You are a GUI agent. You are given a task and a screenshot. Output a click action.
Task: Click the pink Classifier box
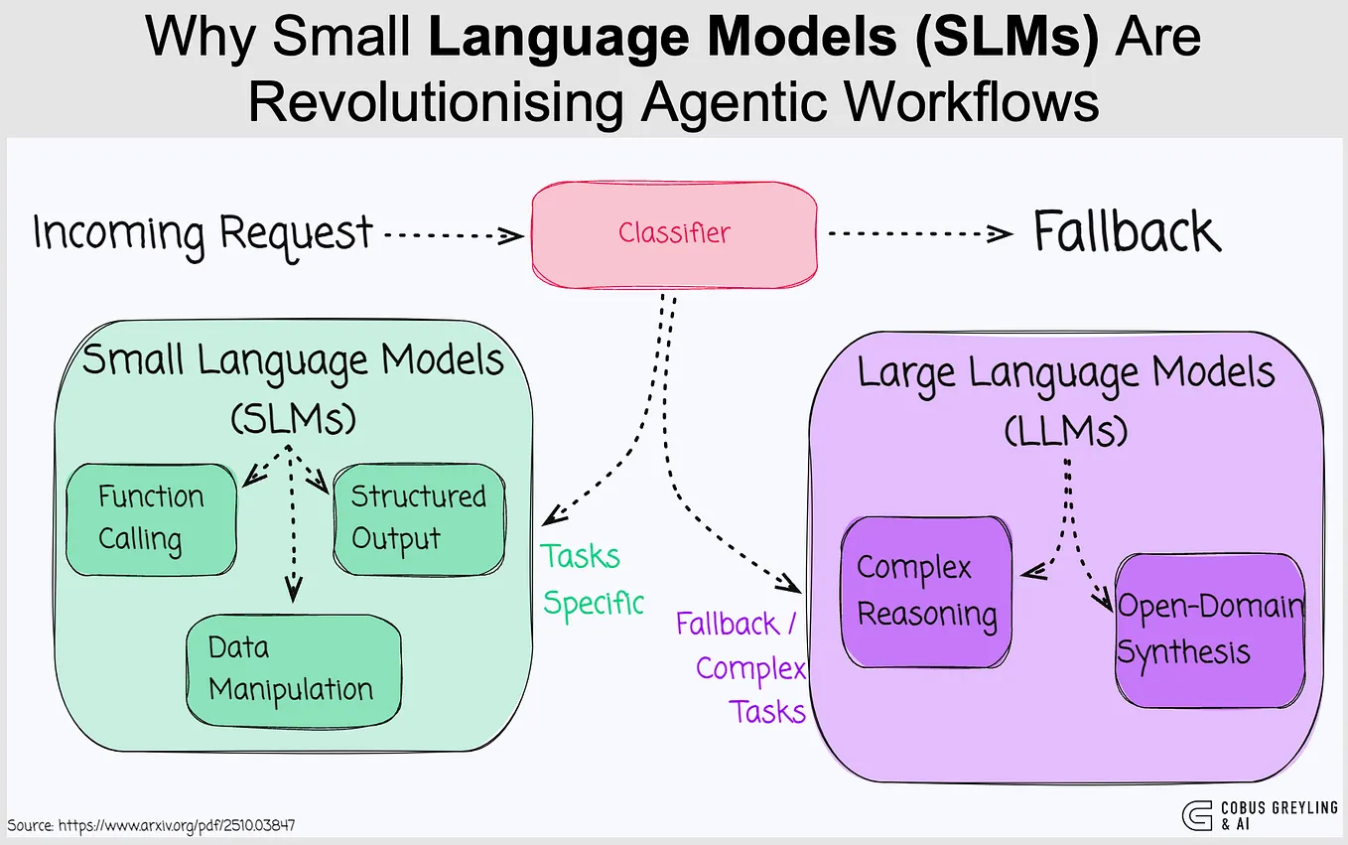pyautogui.click(x=674, y=233)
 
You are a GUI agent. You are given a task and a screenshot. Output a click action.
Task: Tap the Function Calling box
pyautogui.click(x=151, y=518)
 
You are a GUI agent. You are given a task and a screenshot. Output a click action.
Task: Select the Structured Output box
pyautogui.click(x=418, y=517)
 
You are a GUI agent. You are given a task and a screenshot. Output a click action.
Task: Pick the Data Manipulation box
pyautogui.click(x=293, y=669)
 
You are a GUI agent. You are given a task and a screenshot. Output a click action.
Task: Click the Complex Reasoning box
pyautogui.click(x=925, y=592)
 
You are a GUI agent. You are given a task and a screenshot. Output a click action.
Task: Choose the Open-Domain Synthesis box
pyautogui.click(x=1209, y=630)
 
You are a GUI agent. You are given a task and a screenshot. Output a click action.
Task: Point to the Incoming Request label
pyautogui.click(x=202, y=234)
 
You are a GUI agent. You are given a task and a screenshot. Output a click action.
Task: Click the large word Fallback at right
pyautogui.click(x=1126, y=233)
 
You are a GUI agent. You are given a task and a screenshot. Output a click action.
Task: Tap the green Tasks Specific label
pyautogui.click(x=592, y=579)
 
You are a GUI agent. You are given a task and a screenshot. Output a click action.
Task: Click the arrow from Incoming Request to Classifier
pyautogui.click(x=454, y=236)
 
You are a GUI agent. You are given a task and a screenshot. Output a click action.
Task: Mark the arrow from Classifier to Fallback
pyautogui.click(x=919, y=235)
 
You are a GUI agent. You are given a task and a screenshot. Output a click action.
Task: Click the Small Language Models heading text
pyautogui.click(x=293, y=359)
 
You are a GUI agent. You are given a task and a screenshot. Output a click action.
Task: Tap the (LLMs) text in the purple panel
pyautogui.click(x=1065, y=430)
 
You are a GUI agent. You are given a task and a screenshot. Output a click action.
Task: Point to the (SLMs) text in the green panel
pyautogui.click(x=292, y=418)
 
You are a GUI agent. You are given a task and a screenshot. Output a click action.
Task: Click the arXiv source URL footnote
pyautogui.click(x=151, y=825)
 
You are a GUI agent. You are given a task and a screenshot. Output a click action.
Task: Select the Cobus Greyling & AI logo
pyautogui.click(x=1259, y=815)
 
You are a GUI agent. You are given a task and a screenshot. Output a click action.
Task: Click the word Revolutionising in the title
pyautogui.click(x=434, y=102)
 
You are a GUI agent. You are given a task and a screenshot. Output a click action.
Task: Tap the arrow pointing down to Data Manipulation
pyautogui.click(x=292, y=536)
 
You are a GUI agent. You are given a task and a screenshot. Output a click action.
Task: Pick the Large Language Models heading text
pyautogui.click(x=1065, y=374)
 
